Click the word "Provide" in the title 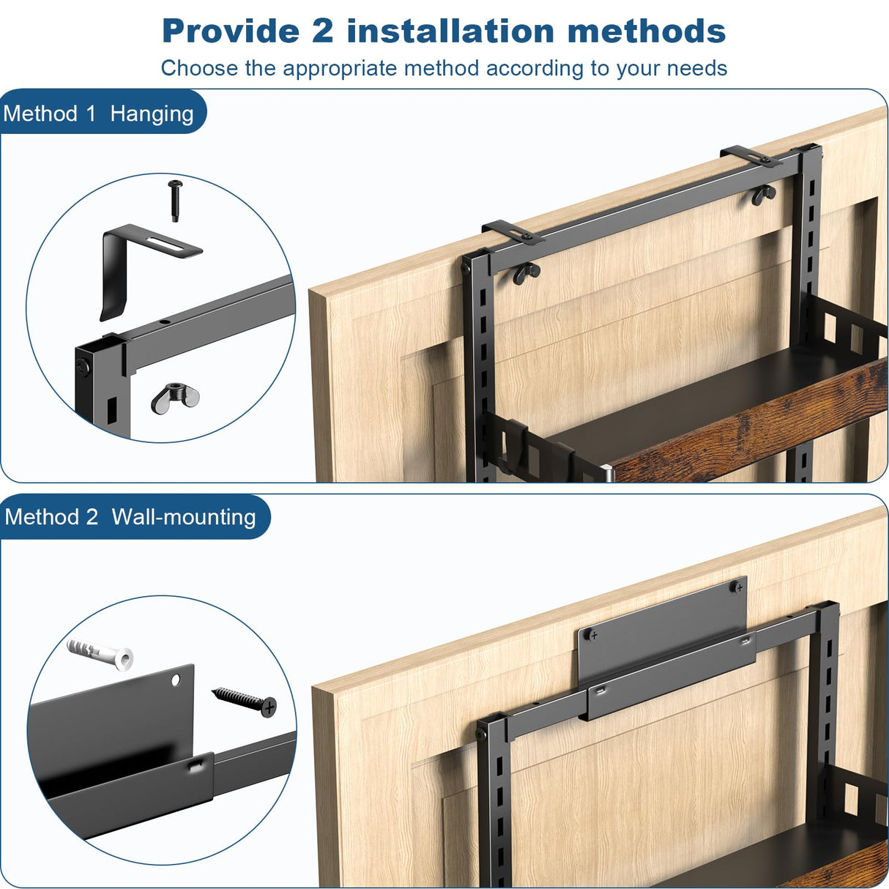pyautogui.click(x=231, y=31)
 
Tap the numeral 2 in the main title pyautogui.click(x=322, y=31)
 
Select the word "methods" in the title pyautogui.click(x=647, y=31)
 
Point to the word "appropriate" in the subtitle pyautogui.click(x=340, y=69)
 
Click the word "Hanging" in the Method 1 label pyautogui.click(x=152, y=114)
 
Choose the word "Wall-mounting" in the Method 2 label pyautogui.click(x=184, y=517)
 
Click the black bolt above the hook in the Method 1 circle pyautogui.click(x=175, y=201)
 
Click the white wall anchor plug pyautogui.click(x=100, y=653)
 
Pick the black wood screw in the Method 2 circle pyautogui.click(x=244, y=702)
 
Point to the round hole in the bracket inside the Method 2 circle pyautogui.click(x=176, y=680)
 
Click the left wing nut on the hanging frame pyautogui.click(x=527, y=273)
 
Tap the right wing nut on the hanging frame pyautogui.click(x=764, y=195)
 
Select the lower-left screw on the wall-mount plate pyautogui.click(x=592, y=636)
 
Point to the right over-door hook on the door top pyautogui.click(x=751, y=157)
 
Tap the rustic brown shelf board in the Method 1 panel pyautogui.click(x=748, y=425)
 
